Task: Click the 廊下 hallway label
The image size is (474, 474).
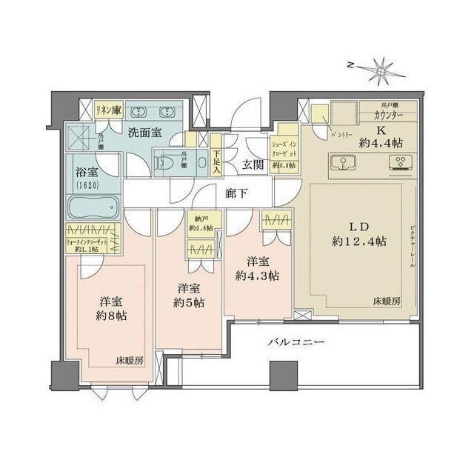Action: (237, 193)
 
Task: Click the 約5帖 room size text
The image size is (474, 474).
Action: (190, 302)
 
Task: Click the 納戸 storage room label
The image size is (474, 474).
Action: (196, 218)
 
